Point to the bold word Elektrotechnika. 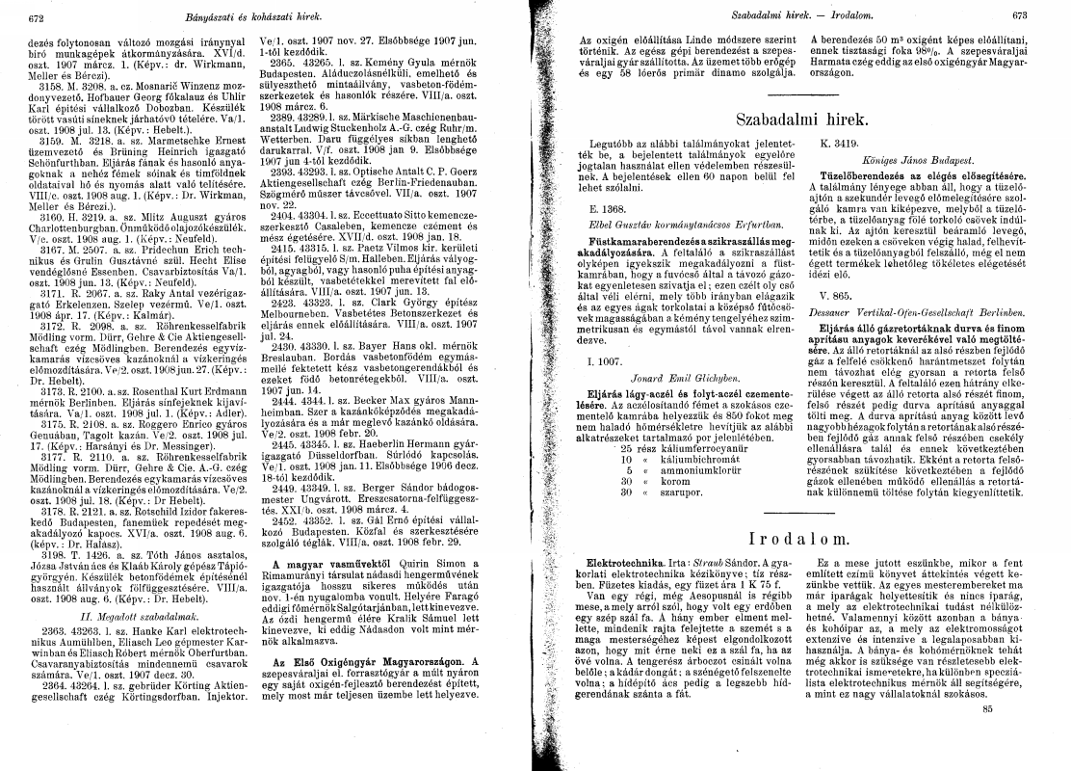607,533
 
